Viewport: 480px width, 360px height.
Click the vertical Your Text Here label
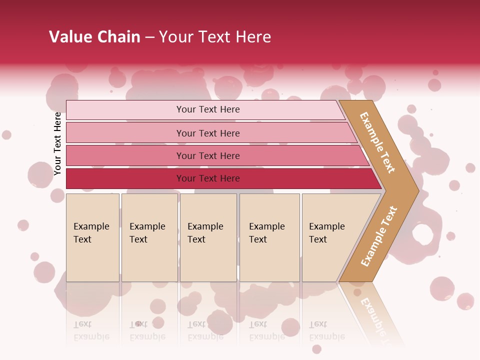tap(58, 144)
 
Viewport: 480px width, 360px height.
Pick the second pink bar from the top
tap(208, 133)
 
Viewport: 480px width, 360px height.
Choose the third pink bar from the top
tap(208, 155)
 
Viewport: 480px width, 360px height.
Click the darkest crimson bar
tap(208, 178)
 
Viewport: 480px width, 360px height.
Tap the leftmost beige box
tap(92, 237)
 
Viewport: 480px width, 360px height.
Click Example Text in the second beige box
tap(147, 233)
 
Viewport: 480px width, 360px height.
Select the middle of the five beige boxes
tap(208, 237)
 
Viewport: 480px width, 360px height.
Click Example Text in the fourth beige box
tap(266, 233)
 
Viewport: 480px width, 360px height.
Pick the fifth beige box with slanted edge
tap(330, 237)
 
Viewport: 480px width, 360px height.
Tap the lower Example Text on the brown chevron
tap(379, 236)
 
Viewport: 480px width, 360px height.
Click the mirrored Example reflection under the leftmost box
tap(91, 336)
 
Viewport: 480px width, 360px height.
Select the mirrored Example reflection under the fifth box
tap(327, 336)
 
